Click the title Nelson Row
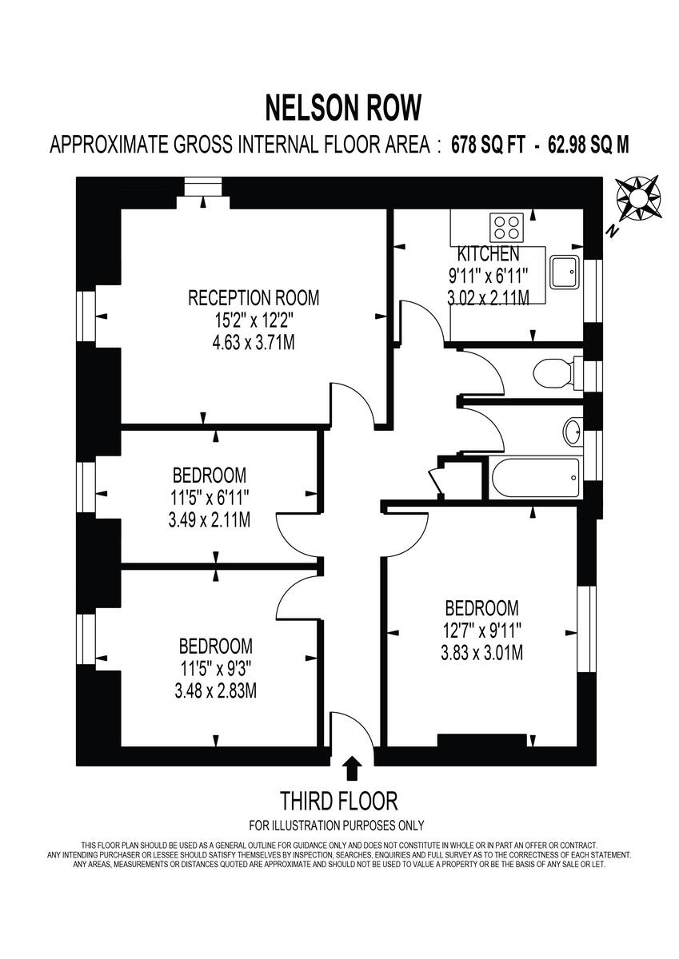point(343,106)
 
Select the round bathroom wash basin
point(573,432)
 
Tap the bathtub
point(534,479)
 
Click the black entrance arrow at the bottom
point(352,769)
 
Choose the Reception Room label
point(254,298)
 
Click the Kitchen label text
point(488,255)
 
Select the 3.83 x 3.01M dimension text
point(481,653)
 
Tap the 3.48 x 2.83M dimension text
point(216,690)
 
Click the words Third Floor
point(338,800)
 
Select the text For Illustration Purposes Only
point(337,826)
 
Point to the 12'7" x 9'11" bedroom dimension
point(481,631)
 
